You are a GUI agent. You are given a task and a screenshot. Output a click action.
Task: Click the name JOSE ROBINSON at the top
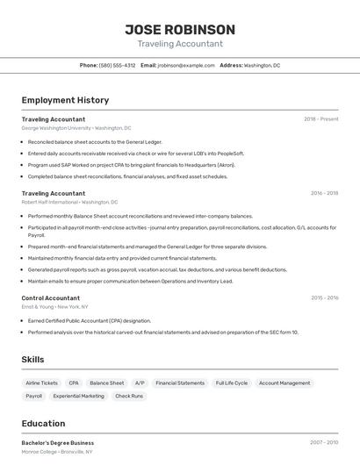pos(180,29)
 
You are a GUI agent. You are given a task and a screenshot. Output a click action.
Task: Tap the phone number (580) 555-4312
pos(117,65)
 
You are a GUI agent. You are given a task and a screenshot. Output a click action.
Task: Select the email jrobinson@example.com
pos(186,65)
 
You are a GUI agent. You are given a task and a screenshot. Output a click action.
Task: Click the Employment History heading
pos(65,100)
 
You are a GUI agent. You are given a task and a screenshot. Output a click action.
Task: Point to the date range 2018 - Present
pos(321,118)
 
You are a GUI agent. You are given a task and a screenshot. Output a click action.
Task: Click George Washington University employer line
pos(76,128)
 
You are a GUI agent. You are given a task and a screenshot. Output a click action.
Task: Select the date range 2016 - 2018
pos(324,193)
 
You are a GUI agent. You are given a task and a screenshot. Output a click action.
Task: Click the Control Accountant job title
pos(51,298)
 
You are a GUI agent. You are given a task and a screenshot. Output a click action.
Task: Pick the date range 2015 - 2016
pos(324,298)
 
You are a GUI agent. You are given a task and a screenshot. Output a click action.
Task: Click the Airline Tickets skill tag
pos(42,383)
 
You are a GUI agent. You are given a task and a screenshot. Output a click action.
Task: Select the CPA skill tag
pos(74,383)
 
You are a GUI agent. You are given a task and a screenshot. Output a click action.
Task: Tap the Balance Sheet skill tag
pos(106,383)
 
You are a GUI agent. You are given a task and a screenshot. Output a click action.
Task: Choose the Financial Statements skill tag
pos(180,383)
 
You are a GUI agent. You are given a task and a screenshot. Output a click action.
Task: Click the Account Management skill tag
pos(284,383)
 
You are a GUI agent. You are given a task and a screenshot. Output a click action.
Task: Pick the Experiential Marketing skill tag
pos(78,397)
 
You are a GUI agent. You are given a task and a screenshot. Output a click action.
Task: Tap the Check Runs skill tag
pos(129,397)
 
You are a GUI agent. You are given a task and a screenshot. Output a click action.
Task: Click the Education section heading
pos(43,424)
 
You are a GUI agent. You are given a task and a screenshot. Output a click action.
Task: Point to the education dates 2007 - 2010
pos(324,442)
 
